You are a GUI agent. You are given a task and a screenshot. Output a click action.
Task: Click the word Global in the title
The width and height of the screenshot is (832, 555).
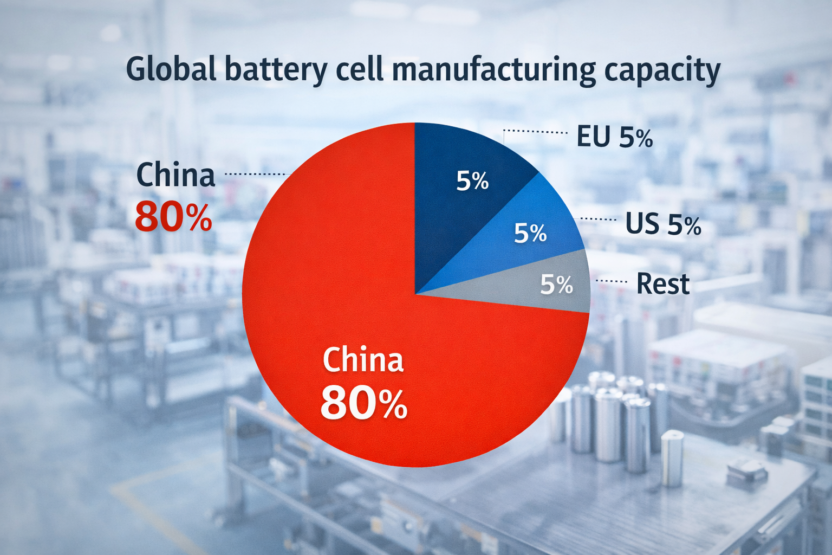coord(171,69)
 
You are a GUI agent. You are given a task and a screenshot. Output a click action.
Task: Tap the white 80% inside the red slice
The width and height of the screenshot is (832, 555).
coord(363,403)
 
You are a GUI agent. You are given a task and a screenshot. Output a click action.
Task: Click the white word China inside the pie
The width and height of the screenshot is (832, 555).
coord(363,360)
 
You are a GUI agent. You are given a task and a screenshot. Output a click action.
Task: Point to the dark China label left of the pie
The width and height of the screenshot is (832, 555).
coord(175,175)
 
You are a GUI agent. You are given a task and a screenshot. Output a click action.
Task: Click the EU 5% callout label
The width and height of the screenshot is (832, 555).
coord(614,137)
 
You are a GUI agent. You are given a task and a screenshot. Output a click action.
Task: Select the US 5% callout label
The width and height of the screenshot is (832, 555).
coord(663,224)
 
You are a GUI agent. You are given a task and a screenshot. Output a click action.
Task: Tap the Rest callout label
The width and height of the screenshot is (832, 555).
coord(663,283)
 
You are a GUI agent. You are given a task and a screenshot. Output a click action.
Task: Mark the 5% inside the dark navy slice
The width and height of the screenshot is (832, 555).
coord(472,181)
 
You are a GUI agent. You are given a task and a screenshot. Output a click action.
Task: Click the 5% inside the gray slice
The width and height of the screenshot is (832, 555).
coord(556,285)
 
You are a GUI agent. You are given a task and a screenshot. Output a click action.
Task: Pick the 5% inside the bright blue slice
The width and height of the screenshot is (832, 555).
coord(530,233)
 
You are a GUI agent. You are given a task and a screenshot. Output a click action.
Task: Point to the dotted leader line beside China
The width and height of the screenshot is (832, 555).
coord(255,174)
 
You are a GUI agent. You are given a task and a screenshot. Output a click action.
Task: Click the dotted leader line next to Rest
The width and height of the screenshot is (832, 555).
coord(611,281)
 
